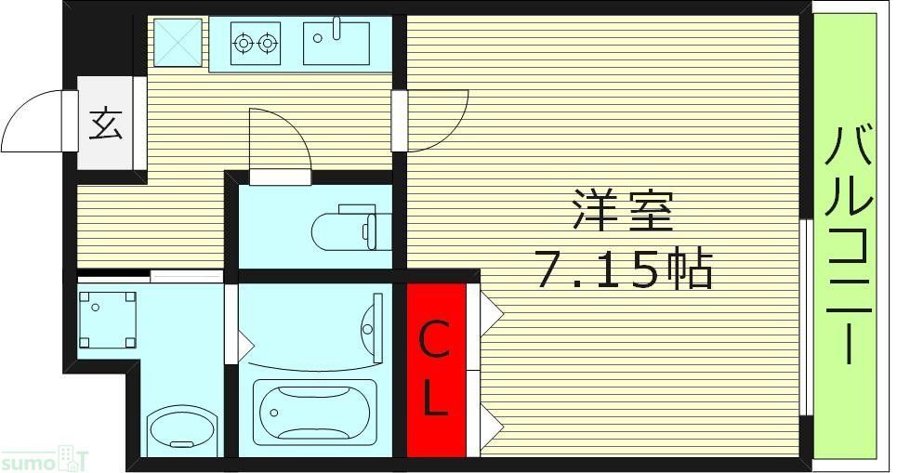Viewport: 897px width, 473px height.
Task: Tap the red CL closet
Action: coord(436,370)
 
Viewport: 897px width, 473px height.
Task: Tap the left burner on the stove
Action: coord(244,42)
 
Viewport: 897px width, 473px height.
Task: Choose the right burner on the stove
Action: coord(268,42)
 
